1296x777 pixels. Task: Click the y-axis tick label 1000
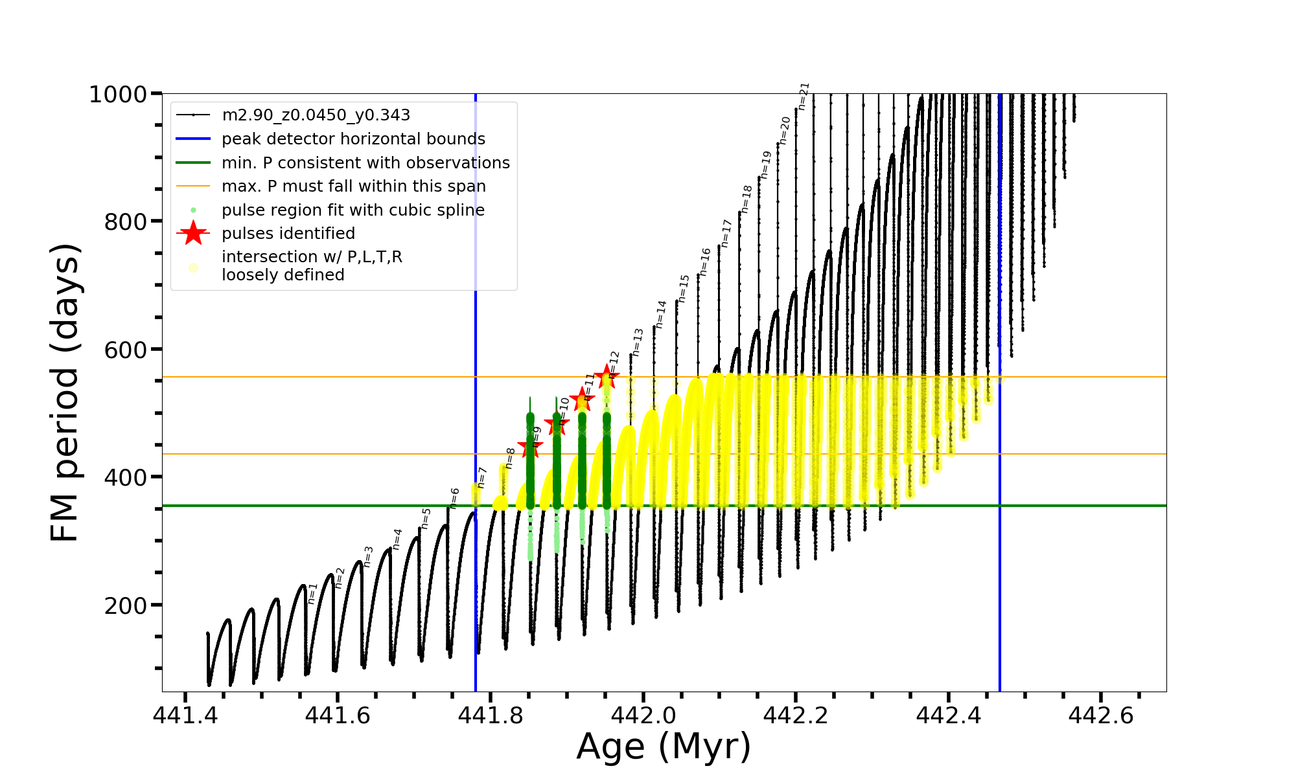click(118, 95)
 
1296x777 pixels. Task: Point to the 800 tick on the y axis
click(126, 221)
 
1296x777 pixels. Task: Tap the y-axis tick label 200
click(126, 605)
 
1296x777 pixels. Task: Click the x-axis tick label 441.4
click(185, 715)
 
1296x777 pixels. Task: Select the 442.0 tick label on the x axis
click(643, 715)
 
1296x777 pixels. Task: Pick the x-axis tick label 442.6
click(1100, 715)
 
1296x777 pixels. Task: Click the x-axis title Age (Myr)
click(664, 746)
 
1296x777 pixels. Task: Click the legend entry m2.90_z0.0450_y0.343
click(316, 115)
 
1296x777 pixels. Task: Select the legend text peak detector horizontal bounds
click(353, 139)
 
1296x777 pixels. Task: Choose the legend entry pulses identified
click(288, 233)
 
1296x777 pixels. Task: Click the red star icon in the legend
click(193, 233)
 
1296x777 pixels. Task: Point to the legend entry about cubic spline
click(353, 210)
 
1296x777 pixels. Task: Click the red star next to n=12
click(607, 376)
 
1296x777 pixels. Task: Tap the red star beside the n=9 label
click(530, 445)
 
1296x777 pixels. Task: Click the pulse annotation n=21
click(804, 96)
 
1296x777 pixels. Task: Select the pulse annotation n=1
click(312, 593)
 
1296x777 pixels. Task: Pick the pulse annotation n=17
click(726, 233)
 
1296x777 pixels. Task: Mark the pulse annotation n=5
click(426, 518)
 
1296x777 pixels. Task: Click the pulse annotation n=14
click(660, 314)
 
